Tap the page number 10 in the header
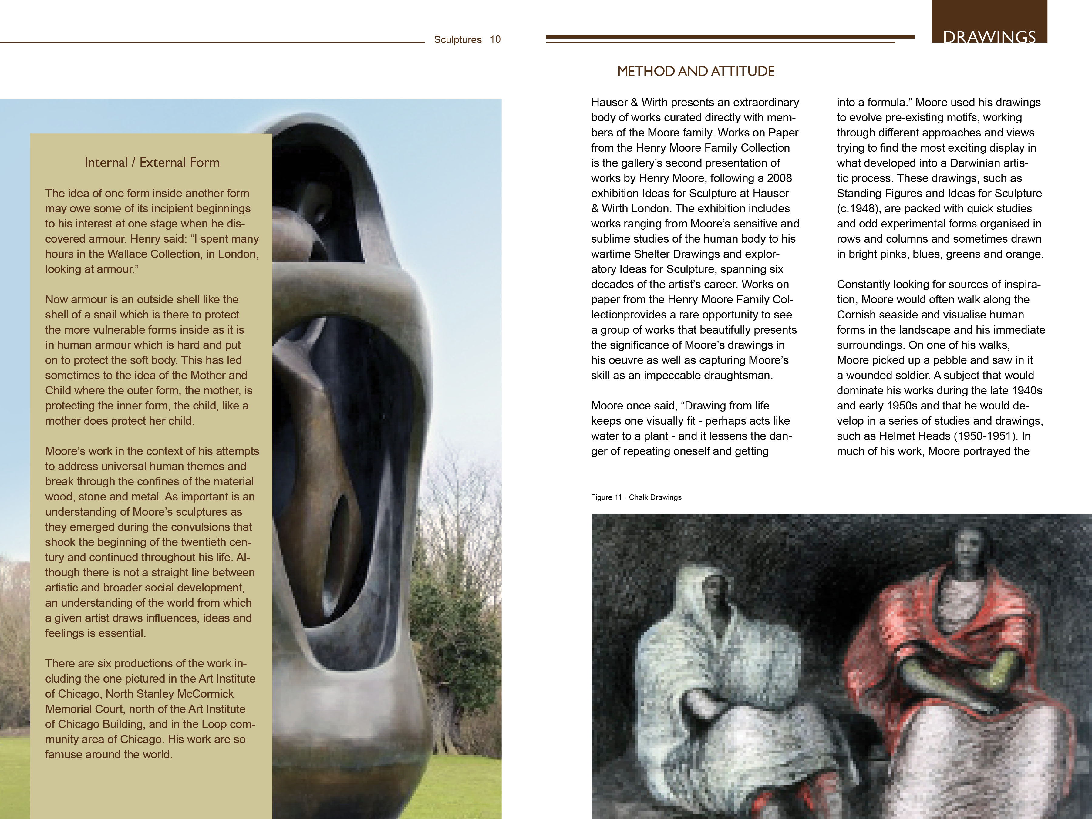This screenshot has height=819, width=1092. (495, 39)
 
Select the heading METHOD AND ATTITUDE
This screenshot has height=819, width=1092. (696, 72)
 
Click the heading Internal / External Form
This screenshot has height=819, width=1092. (152, 162)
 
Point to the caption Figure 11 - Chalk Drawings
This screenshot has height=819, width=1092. (636, 497)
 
